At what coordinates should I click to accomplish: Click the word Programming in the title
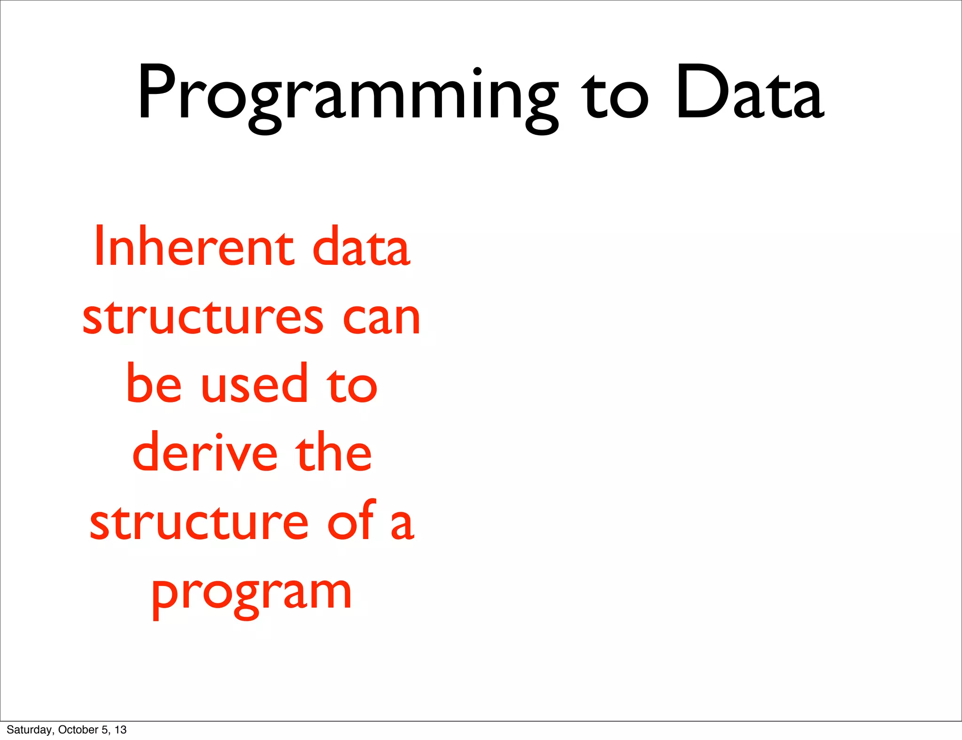(348, 94)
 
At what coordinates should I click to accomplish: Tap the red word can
(381, 319)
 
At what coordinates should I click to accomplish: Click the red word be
(154, 384)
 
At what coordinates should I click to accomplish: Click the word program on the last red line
(251, 594)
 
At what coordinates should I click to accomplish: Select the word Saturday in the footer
(29, 730)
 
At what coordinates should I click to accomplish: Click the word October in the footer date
(78, 730)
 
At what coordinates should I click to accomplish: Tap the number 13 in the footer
(121, 730)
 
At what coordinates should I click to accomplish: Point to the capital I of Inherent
(98, 247)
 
